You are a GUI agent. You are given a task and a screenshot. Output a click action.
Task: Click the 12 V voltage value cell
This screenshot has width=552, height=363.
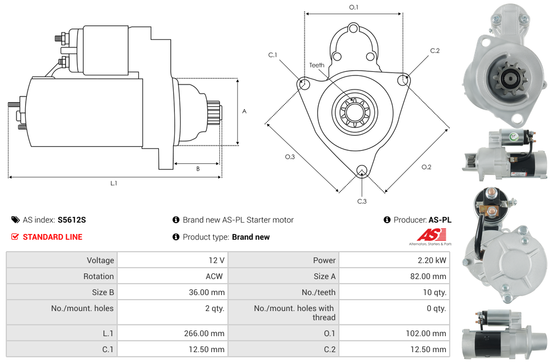click(x=216, y=260)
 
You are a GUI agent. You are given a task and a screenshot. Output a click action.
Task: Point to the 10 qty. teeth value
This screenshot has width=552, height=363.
click(x=432, y=292)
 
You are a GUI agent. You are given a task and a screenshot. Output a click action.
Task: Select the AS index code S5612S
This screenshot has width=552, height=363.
click(x=71, y=220)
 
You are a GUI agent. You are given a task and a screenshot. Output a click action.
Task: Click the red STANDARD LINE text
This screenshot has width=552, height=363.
click(x=52, y=237)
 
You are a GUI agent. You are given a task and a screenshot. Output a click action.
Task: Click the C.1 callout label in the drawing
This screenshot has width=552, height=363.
click(x=273, y=55)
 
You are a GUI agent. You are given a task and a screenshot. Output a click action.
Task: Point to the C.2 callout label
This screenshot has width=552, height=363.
click(x=435, y=51)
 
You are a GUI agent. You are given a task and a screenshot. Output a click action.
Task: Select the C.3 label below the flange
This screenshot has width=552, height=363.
click(x=362, y=201)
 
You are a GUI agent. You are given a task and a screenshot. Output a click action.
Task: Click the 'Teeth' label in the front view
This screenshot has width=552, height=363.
click(x=317, y=65)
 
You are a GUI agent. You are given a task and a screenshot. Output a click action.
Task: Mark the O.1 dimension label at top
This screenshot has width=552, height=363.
click(x=354, y=7)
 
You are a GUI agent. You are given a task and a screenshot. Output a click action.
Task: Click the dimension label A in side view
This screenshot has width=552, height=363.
click(x=245, y=111)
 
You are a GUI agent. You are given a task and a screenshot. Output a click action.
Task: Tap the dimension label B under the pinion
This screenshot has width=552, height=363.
click(x=198, y=169)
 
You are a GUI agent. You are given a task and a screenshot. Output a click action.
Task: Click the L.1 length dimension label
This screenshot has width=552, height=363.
click(x=114, y=183)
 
